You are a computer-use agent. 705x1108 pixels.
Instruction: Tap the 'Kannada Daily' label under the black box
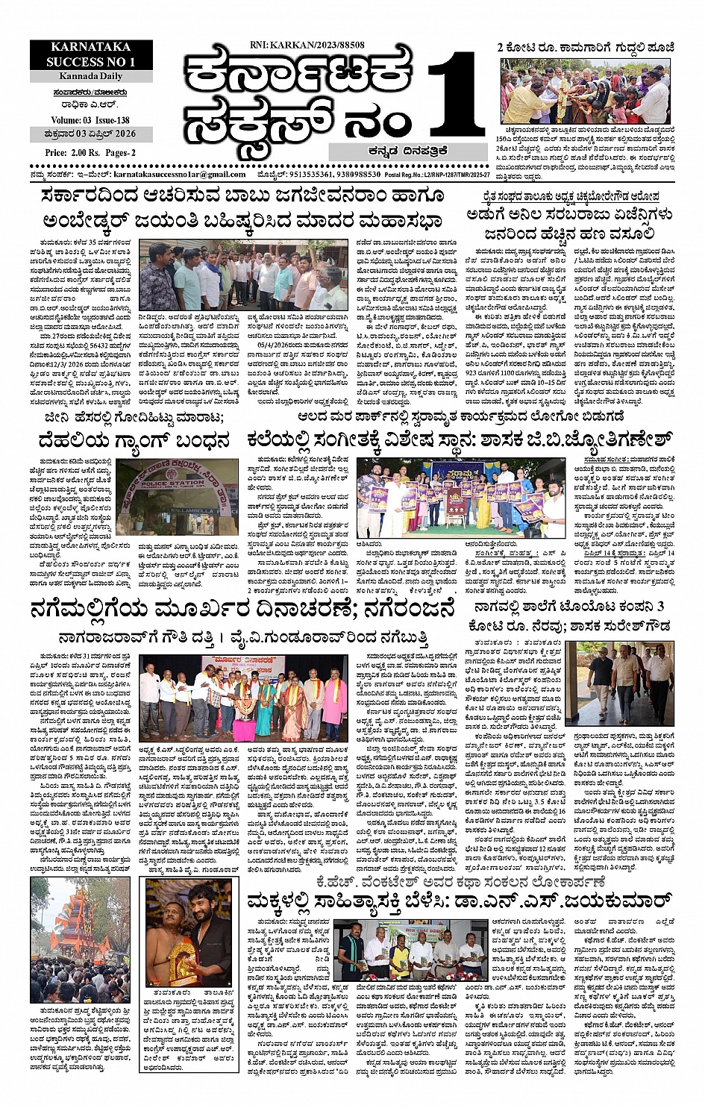point(91,76)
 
